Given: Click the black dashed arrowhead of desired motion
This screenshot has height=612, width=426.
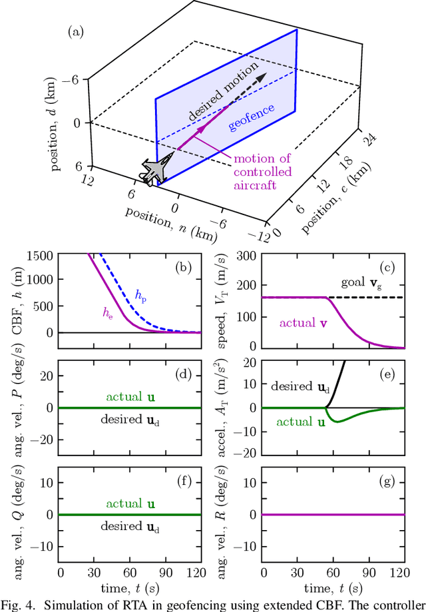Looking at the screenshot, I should tap(260, 79).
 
